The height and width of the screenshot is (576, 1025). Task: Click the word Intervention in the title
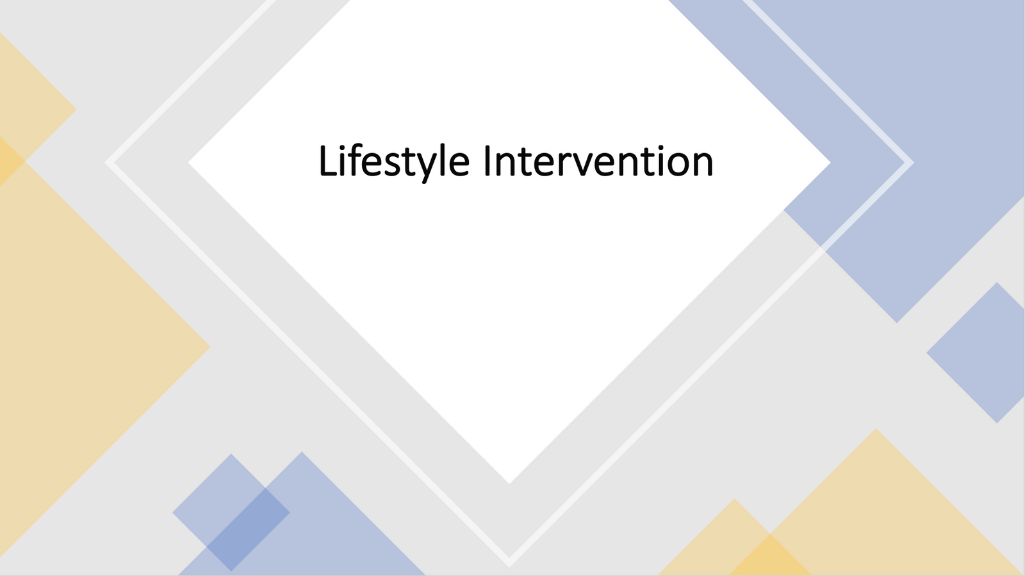coord(598,161)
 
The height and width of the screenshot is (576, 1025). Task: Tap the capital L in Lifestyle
coord(328,160)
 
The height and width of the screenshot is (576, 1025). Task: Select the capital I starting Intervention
coord(487,160)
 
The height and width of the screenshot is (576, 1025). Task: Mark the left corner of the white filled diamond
coord(188,162)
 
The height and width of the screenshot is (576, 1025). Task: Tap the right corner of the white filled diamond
coord(830,162)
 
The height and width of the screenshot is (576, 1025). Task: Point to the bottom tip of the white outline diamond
coord(509,566)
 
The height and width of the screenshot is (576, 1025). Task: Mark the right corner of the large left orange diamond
coord(210,347)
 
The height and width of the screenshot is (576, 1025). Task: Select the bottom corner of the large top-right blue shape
coord(897,322)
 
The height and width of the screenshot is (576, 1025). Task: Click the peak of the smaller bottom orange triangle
coord(735,499)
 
